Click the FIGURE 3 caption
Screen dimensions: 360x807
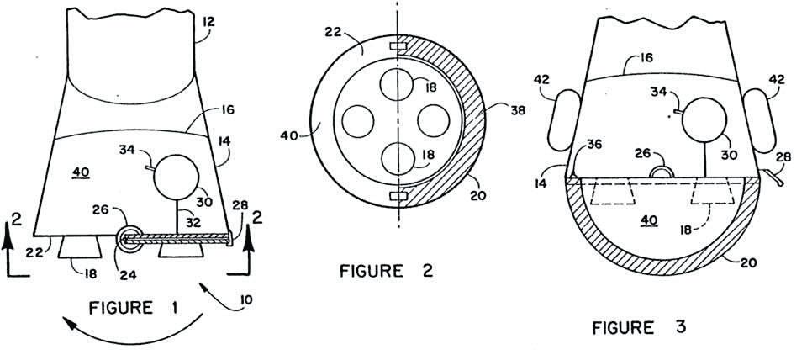click(x=638, y=327)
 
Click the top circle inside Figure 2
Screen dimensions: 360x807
click(x=393, y=85)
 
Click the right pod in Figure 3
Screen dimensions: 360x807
click(x=761, y=119)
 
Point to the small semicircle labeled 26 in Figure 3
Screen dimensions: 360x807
click(x=662, y=172)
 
